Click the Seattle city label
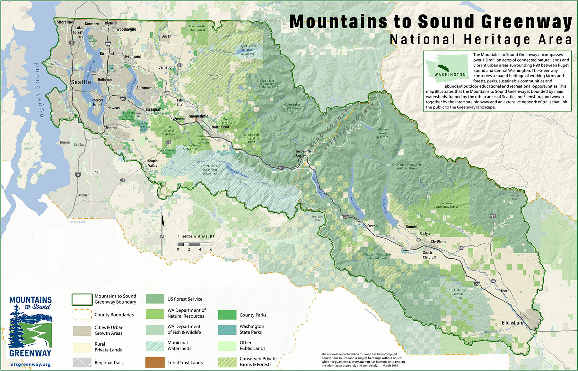tap(81, 82)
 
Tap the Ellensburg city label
tap(512, 323)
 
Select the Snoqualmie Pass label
tap(303, 153)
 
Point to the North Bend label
tap(220, 127)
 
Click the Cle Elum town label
tap(438, 242)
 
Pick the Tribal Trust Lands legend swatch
tap(155, 362)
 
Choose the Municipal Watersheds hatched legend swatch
tap(155, 346)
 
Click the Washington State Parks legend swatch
tap(227, 330)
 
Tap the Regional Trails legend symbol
tap(82, 362)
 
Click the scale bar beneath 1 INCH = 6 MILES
tap(194, 245)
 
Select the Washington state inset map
tap(447, 65)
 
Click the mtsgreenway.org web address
tap(30, 365)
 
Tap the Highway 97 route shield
tap(493, 216)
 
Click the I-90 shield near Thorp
tap(477, 284)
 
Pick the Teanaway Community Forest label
tap(445, 205)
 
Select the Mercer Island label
tap(98, 102)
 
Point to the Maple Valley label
tap(153, 163)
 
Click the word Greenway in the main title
tap(526, 22)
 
